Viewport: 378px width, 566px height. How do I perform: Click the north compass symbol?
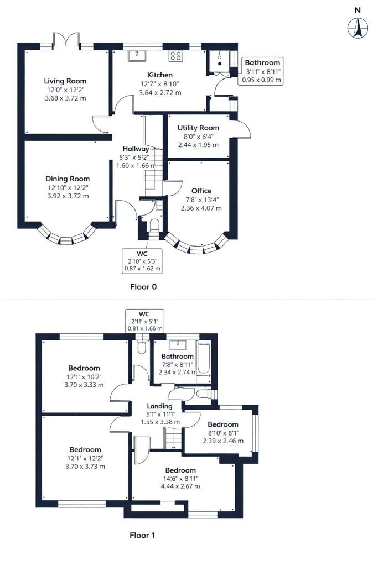tap(358, 27)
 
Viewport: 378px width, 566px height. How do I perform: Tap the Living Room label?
tap(66, 81)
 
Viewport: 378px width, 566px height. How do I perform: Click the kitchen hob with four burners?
tap(176, 55)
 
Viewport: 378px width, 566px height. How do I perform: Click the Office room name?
tap(201, 191)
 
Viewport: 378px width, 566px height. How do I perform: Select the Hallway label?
tap(136, 149)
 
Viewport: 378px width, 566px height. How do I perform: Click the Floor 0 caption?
tap(143, 287)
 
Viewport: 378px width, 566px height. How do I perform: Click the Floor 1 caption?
tap(142, 535)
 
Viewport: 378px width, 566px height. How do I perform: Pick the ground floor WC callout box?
tap(142, 261)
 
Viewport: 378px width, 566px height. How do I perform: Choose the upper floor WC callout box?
tap(144, 321)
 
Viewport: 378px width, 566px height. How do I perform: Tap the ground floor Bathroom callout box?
tap(262, 71)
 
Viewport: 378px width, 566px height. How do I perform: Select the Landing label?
tap(159, 406)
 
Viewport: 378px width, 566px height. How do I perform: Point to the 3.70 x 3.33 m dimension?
tap(84, 385)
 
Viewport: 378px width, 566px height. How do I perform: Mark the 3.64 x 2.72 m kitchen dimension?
tap(160, 92)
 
